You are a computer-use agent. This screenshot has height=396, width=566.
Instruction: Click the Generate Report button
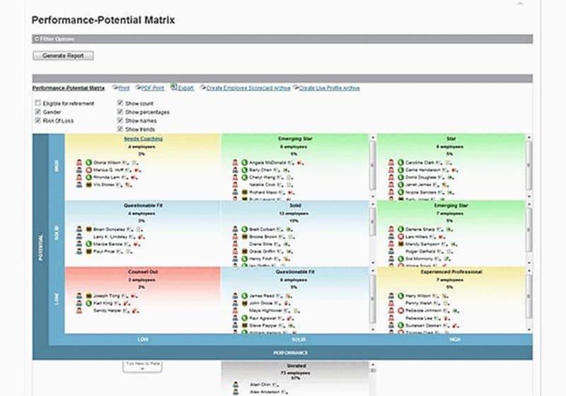63,55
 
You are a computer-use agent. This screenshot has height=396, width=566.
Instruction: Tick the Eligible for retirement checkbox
37,104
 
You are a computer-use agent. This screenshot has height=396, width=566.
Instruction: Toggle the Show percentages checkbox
121,112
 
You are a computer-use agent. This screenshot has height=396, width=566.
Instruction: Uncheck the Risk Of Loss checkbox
37,121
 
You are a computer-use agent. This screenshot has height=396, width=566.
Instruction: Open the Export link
185,88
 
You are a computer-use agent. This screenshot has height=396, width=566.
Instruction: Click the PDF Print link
152,88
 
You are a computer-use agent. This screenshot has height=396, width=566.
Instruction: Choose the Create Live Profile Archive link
329,88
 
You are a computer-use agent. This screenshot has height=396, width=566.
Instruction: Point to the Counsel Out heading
142,272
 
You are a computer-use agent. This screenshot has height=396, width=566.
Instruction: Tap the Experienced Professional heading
451,272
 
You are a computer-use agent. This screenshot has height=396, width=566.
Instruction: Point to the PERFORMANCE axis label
290,351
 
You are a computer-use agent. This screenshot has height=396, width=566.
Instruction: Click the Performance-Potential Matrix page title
103,21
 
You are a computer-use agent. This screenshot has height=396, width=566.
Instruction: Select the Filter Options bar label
57,39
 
